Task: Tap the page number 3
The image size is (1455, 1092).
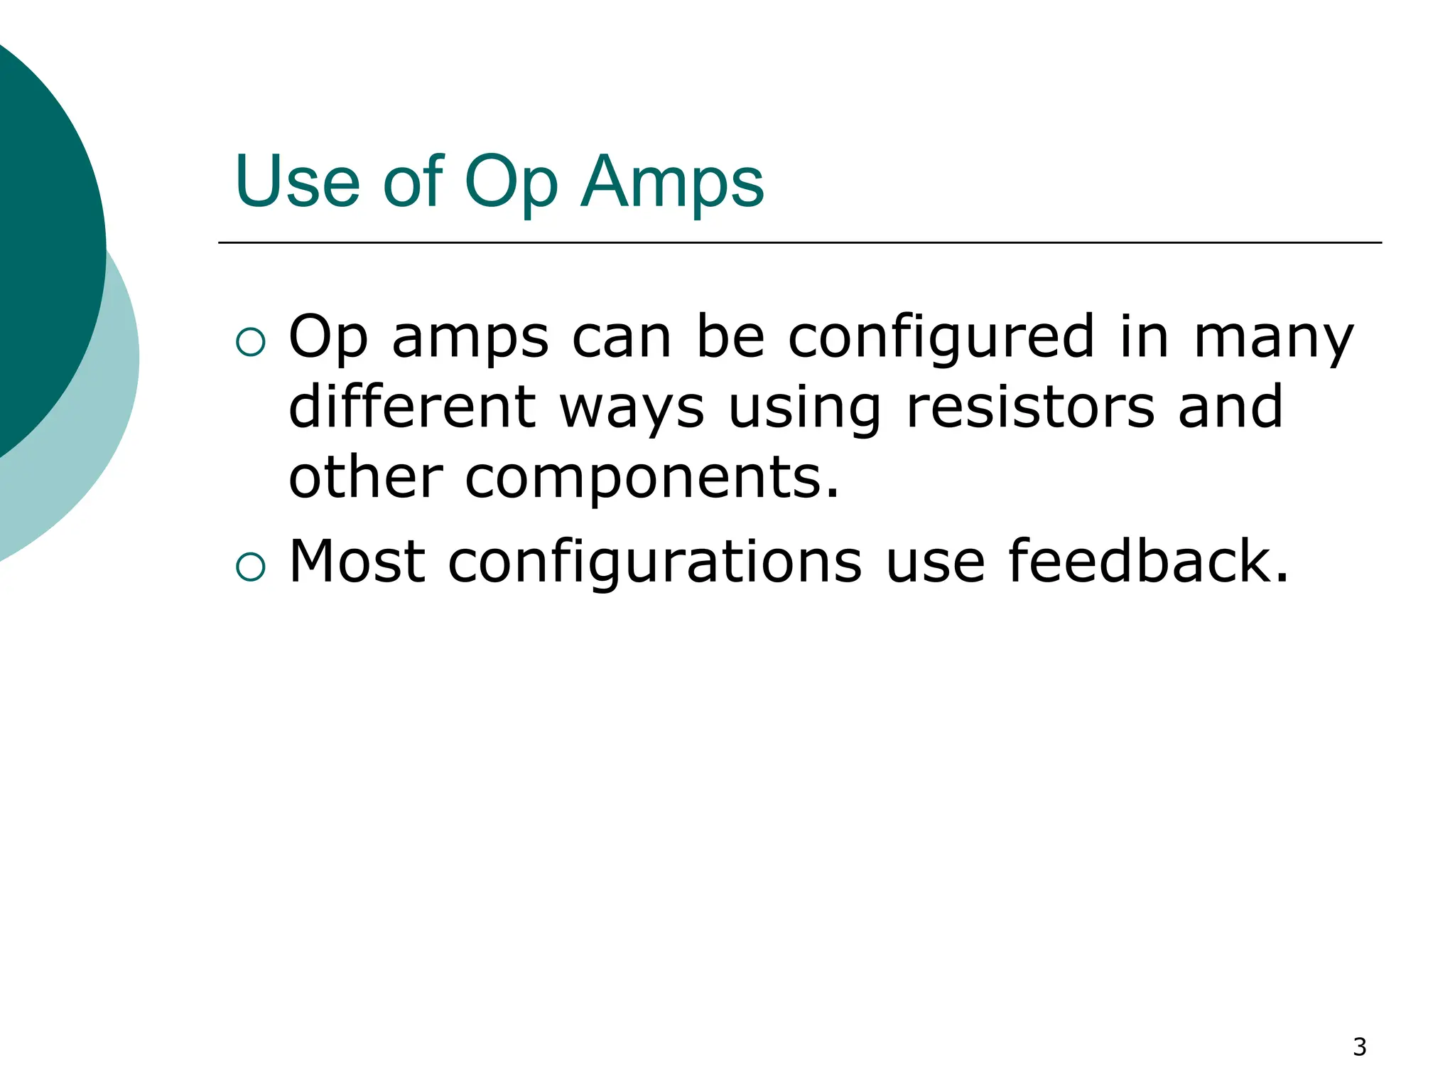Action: coord(1359,1047)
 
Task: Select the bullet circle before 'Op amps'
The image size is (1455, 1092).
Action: coord(250,342)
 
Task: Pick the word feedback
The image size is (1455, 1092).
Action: coord(1147,562)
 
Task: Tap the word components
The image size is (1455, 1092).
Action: coord(652,478)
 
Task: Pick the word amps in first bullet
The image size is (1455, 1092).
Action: coord(470,338)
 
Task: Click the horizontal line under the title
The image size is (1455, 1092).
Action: coord(799,242)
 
